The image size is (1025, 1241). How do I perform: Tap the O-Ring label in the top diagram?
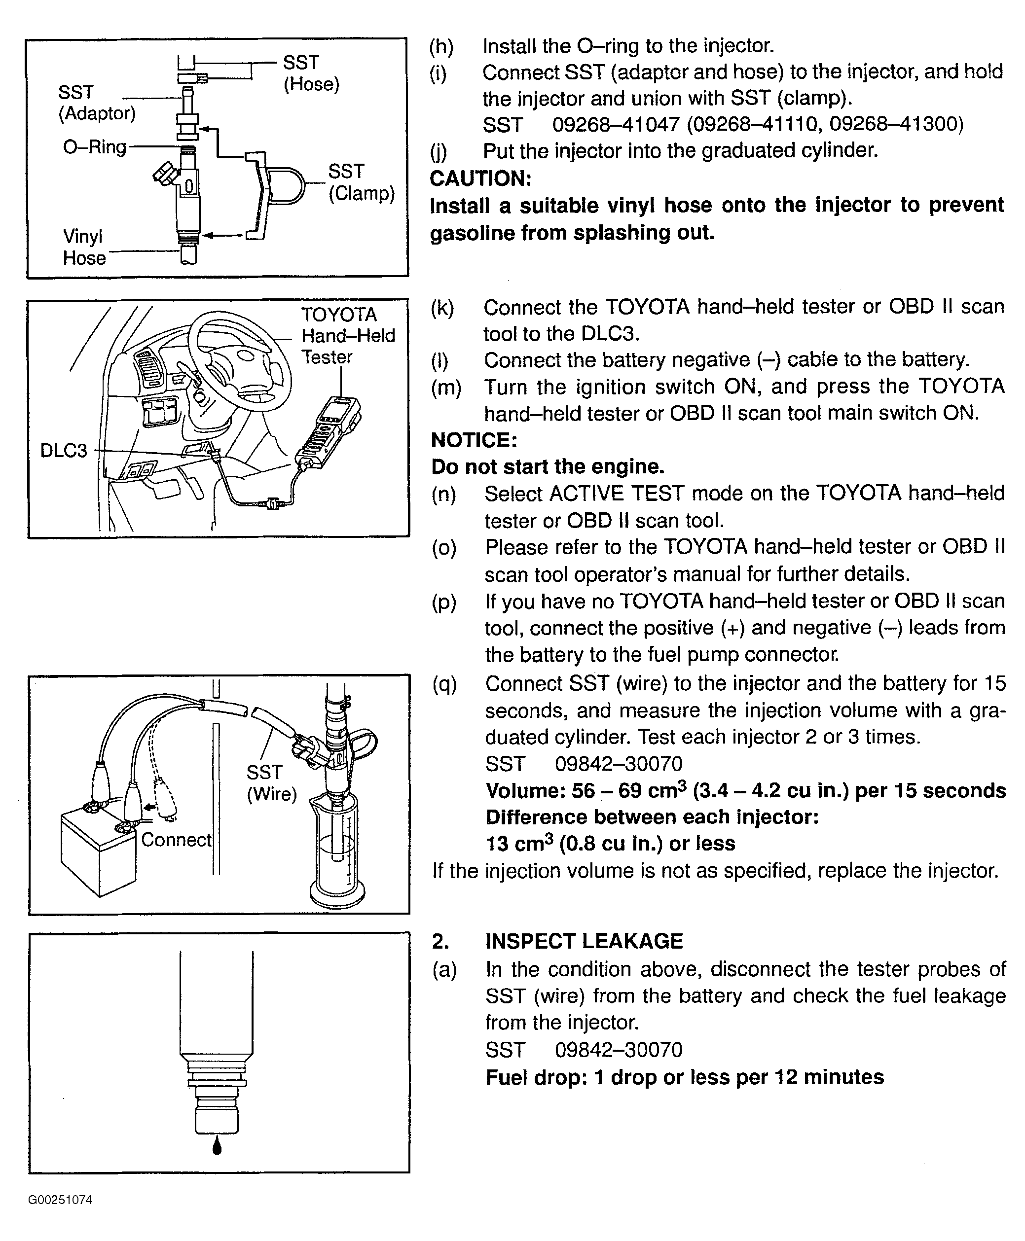pyautogui.click(x=95, y=146)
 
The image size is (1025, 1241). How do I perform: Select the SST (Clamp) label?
pyautogui.click(x=361, y=182)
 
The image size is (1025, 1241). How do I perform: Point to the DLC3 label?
pyautogui.click(x=63, y=451)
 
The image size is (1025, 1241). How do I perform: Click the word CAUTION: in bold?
pyautogui.click(x=480, y=178)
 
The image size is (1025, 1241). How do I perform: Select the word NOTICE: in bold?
pyautogui.click(x=474, y=440)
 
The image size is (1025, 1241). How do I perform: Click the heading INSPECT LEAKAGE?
pyautogui.click(x=584, y=941)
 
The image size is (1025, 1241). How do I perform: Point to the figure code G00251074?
pyautogui.click(x=60, y=1200)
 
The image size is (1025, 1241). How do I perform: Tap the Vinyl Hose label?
pyautogui.click(x=84, y=247)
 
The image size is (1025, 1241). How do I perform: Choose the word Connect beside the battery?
pyautogui.click(x=176, y=840)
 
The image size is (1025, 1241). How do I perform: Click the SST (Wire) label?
pyautogui.click(x=271, y=783)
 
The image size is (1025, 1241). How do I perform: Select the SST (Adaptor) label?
pyautogui.click(x=96, y=103)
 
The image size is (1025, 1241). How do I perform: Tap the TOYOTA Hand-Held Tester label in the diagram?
pyautogui.click(x=347, y=336)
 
